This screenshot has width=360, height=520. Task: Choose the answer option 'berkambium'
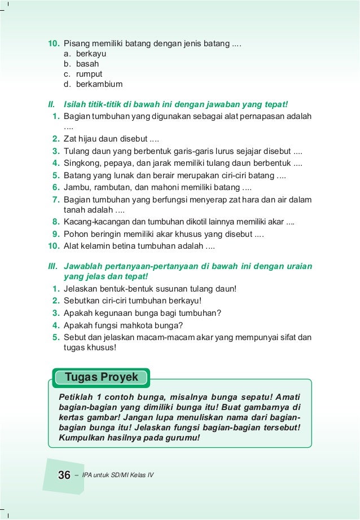click(x=99, y=85)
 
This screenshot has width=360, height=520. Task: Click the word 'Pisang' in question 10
click(x=76, y=44)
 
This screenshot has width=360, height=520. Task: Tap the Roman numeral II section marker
click(x=51, y=104)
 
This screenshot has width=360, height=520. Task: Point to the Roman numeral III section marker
click(x=52, y=266)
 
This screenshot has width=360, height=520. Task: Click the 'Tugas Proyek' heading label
click(x=102, y=376)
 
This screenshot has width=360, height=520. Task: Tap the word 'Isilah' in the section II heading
click(x=76, y=104)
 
